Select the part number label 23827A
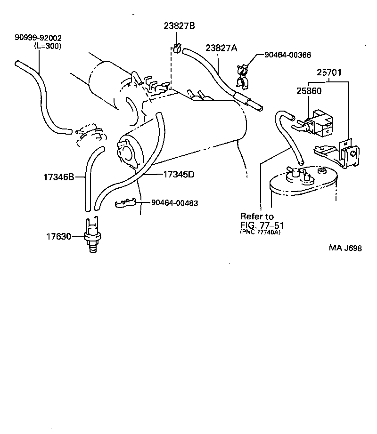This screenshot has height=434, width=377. coord(221,48)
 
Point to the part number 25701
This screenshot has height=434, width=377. coord(329,73)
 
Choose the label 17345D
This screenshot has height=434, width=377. coord(179,174)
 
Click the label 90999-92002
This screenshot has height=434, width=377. coord(38,38)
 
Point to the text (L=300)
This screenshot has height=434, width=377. coord(48,46)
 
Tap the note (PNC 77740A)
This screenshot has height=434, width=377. coord(260,232)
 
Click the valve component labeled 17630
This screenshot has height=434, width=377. coord(91,235)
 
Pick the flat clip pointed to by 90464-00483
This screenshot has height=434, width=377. coord(126,203)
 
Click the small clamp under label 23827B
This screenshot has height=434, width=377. coord(177,48)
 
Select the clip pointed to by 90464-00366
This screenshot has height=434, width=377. coord(242,77)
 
